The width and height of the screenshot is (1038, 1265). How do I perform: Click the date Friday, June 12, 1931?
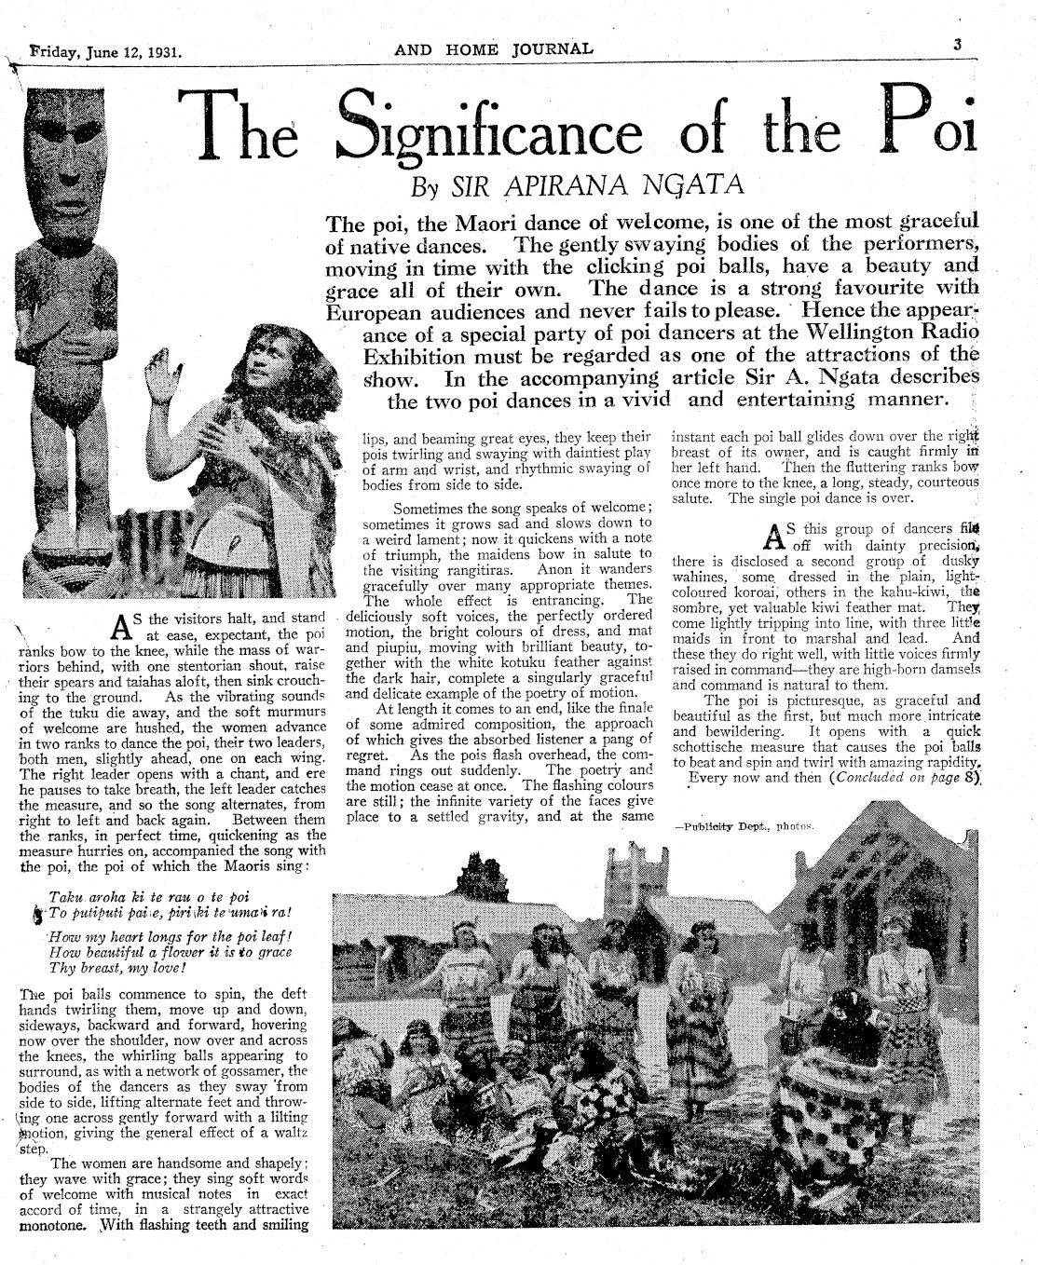click(x=104, y=51)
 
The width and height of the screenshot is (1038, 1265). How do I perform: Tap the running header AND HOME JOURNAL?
click(x=494, y=49)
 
